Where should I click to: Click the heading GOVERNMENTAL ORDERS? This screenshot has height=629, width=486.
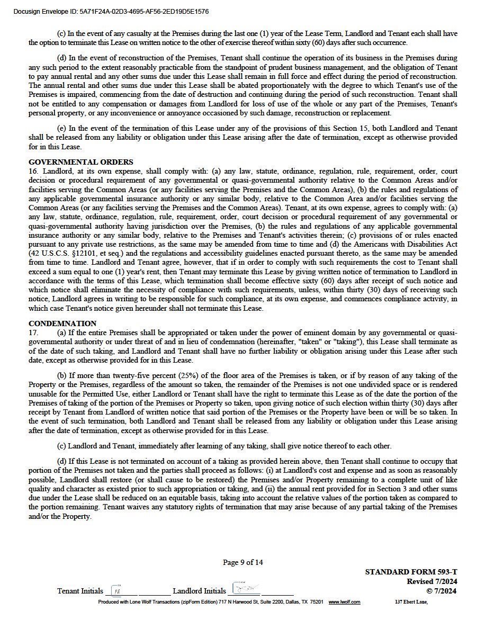[x=80, y=162]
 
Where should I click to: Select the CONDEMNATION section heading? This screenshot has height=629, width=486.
[x=62, y=324]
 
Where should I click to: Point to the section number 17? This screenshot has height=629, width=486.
[x=33, y=333]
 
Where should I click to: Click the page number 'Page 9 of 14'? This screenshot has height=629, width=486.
[x=242, y=562]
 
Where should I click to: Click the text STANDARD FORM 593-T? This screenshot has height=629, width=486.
[x=410, y=572]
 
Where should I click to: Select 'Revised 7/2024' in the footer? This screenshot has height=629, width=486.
[x=431, y=581]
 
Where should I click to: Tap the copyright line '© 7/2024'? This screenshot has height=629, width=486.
[x=441, y=591]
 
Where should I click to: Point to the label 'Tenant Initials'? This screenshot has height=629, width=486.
[x=80, y=591]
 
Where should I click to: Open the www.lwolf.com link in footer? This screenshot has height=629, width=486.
[x=344, y=602]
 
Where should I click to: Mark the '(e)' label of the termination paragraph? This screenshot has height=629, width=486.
[x=61, y=128]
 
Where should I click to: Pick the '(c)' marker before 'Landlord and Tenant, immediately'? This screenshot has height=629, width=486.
[x=61, y=446]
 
